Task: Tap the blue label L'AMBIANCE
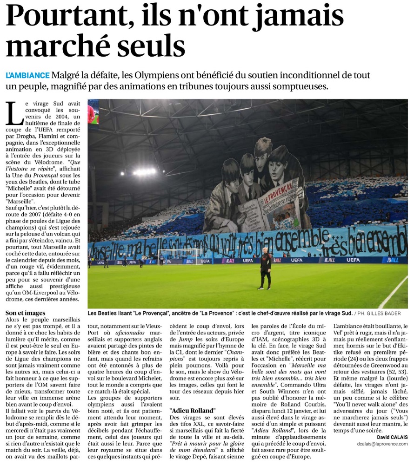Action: click(x=27, y=75)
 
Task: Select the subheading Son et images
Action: click(x=26, y=313)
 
